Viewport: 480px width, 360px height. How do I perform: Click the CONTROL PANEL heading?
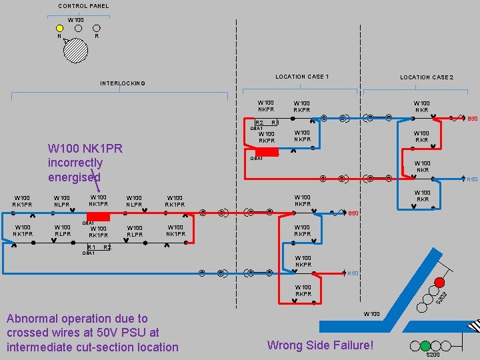point(83,6)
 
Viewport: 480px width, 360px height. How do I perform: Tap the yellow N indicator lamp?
point(60,28)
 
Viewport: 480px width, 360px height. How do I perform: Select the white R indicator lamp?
point(97,28)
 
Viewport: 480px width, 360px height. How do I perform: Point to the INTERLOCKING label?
point(123,83)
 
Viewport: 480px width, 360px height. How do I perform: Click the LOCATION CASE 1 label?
point(302,77)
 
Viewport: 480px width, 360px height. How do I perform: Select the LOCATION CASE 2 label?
point(427,77)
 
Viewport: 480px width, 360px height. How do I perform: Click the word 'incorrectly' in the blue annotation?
point(75,163)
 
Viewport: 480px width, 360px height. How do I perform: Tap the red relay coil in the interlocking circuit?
point(98,216)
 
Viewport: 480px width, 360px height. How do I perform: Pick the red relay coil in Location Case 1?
point(267,151)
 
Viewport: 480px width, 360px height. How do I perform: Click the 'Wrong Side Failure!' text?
point(320,345)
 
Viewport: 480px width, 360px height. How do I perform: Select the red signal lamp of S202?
point(439,281)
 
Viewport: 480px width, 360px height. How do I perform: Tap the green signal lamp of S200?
point(425,345)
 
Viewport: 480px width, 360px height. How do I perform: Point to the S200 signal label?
point(433,355)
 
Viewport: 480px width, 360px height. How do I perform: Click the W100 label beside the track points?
point(371,313)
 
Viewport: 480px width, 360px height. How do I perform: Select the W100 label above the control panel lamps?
point(76,20)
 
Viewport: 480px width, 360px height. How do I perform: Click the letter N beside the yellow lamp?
point(58,36)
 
